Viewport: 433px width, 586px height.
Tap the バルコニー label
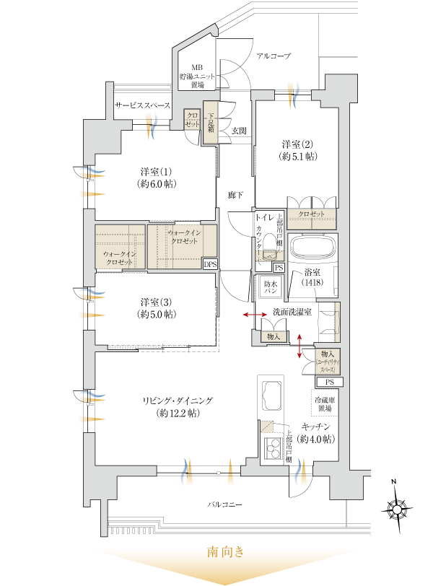tap(225, 504)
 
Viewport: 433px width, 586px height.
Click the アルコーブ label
tap(274, 56)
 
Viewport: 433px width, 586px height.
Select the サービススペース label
tap(142, 106)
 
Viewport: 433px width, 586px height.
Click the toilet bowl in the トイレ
tap(268, 245)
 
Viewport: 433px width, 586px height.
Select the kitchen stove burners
tap(272, 447)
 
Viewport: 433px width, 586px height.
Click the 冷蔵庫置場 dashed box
tap(323, 403)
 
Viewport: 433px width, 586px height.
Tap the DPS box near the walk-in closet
tap(210, 264)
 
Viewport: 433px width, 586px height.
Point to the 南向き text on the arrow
tap(226, 554)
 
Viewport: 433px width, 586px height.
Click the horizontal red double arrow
tap(253, 315)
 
